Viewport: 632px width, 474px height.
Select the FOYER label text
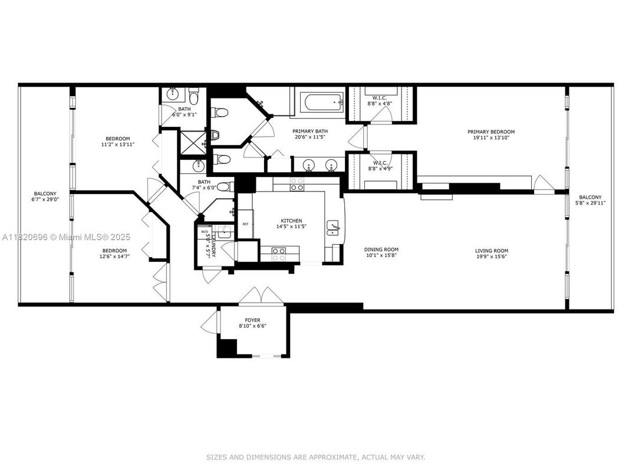pyautogui.click(x=252, y=320)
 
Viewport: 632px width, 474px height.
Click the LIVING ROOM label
pyautogui.click(x=492, y=251)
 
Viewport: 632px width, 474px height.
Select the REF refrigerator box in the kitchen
pyautogui.click(x=245, y=224)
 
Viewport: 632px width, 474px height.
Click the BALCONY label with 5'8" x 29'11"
pyautogui.click(x=590, y=197)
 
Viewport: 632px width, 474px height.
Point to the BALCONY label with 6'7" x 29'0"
pyautogui.click(x=45, y=194)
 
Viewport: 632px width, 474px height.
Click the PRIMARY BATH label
pyautogui.click(x=311, y=131)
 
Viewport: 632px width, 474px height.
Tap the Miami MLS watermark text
pyautogui.click(x=82, y=237)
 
